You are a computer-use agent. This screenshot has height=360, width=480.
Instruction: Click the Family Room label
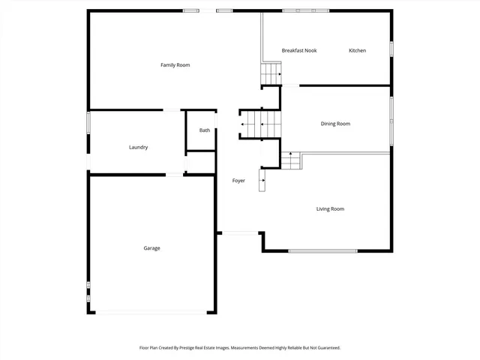pyautogui.click(x=175, y=65)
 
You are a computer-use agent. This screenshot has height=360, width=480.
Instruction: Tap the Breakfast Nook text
pyautogui.click(x=299, y=50)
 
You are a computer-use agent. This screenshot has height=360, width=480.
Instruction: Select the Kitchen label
pyautogui.click(x=357, y=50)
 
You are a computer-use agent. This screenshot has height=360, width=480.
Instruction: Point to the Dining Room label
pyautogui.click(x=335, y=124)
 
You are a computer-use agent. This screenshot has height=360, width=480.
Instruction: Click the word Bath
pyautogui.click(x=205, y=130)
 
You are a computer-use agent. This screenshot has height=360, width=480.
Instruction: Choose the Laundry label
pyautogui.click(x=138, y=147)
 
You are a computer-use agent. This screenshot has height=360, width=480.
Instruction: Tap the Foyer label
pyautogui.click(x=238, y=181)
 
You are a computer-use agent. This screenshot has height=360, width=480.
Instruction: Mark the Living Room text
pyautogui.click(x=330, y=208)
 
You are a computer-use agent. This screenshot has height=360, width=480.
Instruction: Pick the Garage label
pyautogui.click(x=151, y=248)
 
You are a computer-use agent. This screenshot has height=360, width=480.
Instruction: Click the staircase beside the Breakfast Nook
pyautogui.click(x=270, y=74)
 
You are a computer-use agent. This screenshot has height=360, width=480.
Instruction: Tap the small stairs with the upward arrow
pyautogui.click(x=290, y=160)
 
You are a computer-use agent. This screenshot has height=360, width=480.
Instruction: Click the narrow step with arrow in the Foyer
pyautogui.click(x=262, y=180)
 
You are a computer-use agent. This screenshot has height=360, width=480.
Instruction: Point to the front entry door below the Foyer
pyautogui.click(x=241, y=233)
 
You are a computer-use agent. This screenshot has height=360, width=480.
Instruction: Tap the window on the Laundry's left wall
pyautogui.click(x=88, y=122)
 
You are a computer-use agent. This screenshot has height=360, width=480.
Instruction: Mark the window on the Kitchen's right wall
pyautogui.click(x=391, y=48)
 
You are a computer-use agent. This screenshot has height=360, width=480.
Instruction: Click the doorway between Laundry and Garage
pyautogui.click(x=174, y=175)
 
